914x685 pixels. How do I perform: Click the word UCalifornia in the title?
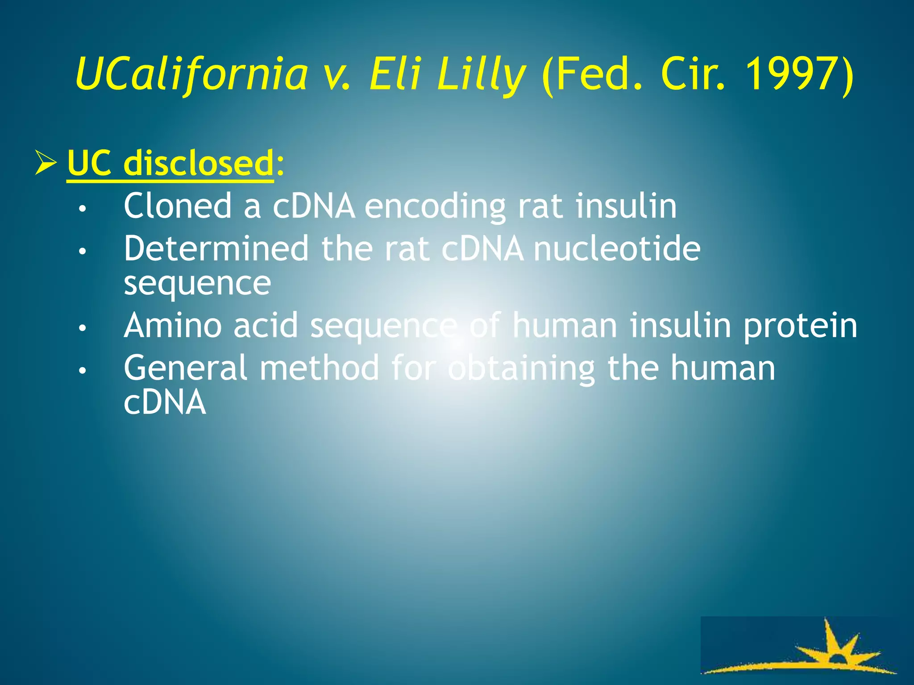point(192,74)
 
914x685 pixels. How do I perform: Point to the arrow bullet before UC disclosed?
point(46,163)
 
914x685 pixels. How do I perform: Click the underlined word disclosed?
point(199,163)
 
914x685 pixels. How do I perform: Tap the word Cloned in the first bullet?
point(178,206)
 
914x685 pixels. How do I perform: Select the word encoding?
point(435,206)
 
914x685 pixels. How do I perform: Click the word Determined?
point(216,248)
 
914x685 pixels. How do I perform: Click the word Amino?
point(173,326)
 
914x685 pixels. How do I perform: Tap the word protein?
point(800,326)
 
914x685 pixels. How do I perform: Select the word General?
point(185,368)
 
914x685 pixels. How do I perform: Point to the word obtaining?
point(522,368)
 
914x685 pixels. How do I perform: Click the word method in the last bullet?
point(319,368)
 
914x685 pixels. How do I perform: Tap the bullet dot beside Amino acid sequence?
point(82,328)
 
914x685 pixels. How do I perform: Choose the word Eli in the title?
point(395,74)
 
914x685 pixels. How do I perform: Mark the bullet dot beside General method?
point(82,371)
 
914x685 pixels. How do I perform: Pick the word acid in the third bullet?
point(266,326)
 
